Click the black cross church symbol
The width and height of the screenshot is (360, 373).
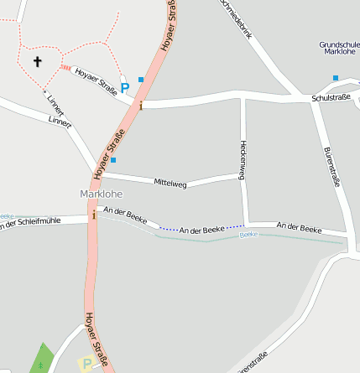pos(37,61)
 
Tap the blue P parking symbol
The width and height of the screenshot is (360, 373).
pos(125,87)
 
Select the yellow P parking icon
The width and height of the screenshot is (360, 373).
pos(86,365)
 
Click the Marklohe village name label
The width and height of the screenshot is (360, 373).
pos(101,194)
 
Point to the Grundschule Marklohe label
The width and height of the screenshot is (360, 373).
pos(338,47)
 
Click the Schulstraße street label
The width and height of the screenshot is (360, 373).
pos(331,98)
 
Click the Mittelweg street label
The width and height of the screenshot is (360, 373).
pos(170,181)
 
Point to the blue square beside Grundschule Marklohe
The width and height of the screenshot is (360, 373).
pos(336,78)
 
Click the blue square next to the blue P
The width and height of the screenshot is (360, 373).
pos(141,80)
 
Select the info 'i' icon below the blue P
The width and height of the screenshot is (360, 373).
pos(141,105)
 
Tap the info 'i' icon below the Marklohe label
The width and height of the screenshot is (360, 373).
pos(94,215)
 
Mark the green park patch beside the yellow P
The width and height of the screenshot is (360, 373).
pos(42,359)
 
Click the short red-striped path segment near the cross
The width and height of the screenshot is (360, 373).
pos(65,68)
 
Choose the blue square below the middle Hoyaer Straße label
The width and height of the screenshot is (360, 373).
pos(113,159)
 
